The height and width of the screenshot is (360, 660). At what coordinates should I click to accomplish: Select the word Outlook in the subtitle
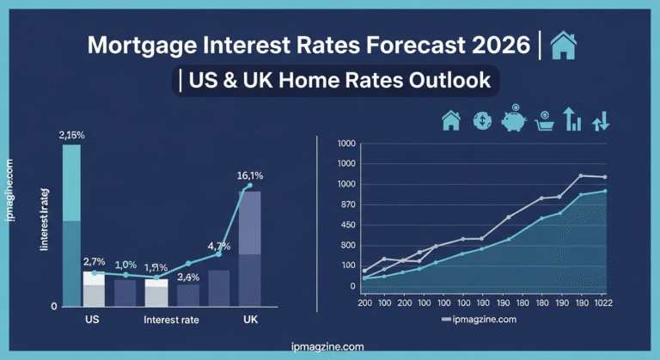(454, 81)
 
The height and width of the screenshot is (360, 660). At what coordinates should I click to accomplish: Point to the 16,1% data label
(250, 175)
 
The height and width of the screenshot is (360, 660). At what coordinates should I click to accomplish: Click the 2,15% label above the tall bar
(71, 135)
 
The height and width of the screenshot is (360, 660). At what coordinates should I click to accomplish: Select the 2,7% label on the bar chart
(94, 261)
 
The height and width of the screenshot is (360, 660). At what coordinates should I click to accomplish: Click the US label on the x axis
(92, 320)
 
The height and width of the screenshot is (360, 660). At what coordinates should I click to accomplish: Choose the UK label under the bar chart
(251, 320)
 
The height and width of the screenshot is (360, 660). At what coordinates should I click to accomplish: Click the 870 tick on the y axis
(346, 204)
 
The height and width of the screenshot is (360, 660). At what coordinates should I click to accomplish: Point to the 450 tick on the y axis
(346, 224)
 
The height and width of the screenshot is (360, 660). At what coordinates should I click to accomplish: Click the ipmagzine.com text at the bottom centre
(328, 346)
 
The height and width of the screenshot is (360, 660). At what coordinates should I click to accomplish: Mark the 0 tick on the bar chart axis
(54, 306)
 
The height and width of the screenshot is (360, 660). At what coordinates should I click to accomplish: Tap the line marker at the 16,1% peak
(250, 186)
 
